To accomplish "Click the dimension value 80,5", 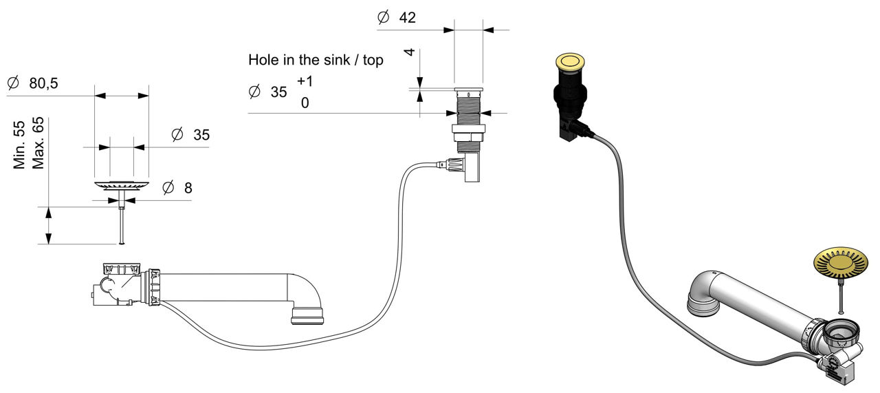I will point(43,84).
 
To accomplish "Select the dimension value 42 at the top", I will point(407,18).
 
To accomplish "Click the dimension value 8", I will point(188,187).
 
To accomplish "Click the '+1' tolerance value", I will point(305,81).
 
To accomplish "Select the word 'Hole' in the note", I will point(262,60).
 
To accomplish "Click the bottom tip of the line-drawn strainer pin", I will point(122,242).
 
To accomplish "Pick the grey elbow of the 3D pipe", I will point(701,295).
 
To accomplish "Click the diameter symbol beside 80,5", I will point(12,83).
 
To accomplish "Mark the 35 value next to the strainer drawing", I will point(201,135).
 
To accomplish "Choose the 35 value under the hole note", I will point(278,92).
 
